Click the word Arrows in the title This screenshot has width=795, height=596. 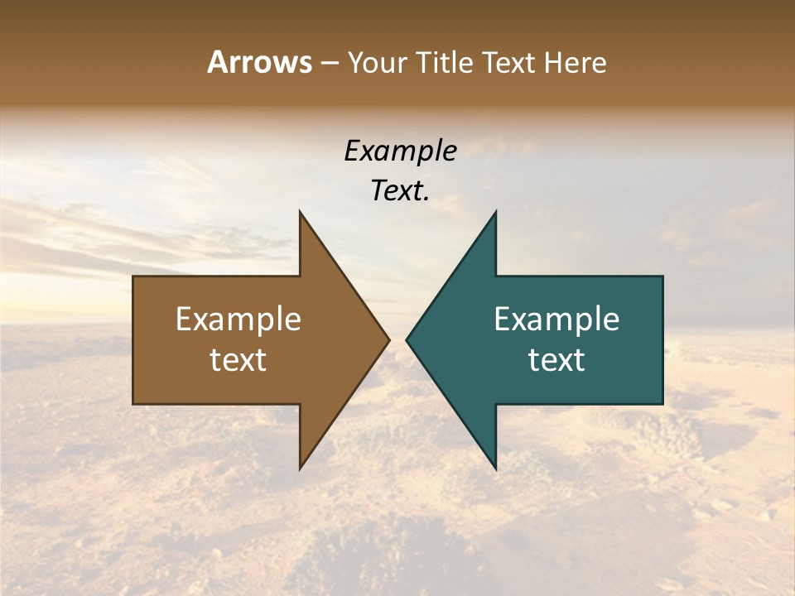coord(260,62)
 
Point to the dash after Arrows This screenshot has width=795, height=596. coord(330,63)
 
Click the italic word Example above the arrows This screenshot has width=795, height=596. coord(400,151)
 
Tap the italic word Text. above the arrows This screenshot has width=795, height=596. coord(400,190)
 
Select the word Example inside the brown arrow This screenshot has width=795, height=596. coord(238,319)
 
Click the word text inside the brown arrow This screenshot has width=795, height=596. coord(238,359)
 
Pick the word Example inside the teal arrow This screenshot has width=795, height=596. coord(556,319)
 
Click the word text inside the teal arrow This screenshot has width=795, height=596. coord(556,359)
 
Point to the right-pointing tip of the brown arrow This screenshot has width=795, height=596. coord(389,339)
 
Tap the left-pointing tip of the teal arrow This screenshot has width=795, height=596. coord(406,339)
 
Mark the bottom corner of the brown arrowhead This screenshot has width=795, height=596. coord(300,469)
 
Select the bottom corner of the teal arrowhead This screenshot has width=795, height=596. coord(496,469)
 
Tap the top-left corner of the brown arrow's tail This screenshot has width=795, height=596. coord(133,276)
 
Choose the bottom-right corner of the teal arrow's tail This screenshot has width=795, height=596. coord(662,404)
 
